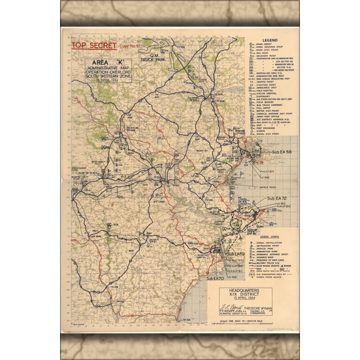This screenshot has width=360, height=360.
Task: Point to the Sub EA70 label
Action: tap(216, 276)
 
